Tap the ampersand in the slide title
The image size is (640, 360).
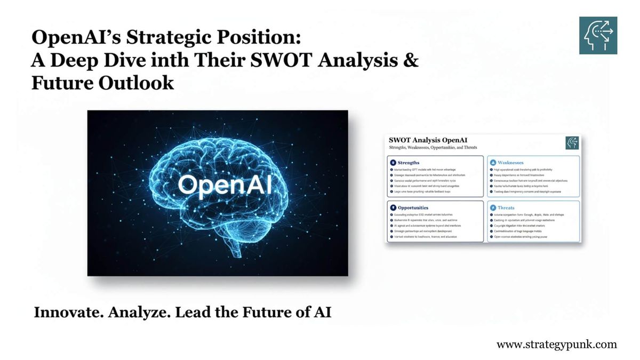click(x=411, y=60)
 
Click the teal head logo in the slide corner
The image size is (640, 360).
click(x=598, y=35)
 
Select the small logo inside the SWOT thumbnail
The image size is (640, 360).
click(x=572, y=143)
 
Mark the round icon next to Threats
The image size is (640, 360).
click(x=493, y=207)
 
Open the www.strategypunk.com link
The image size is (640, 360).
click(x=556, y=345)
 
